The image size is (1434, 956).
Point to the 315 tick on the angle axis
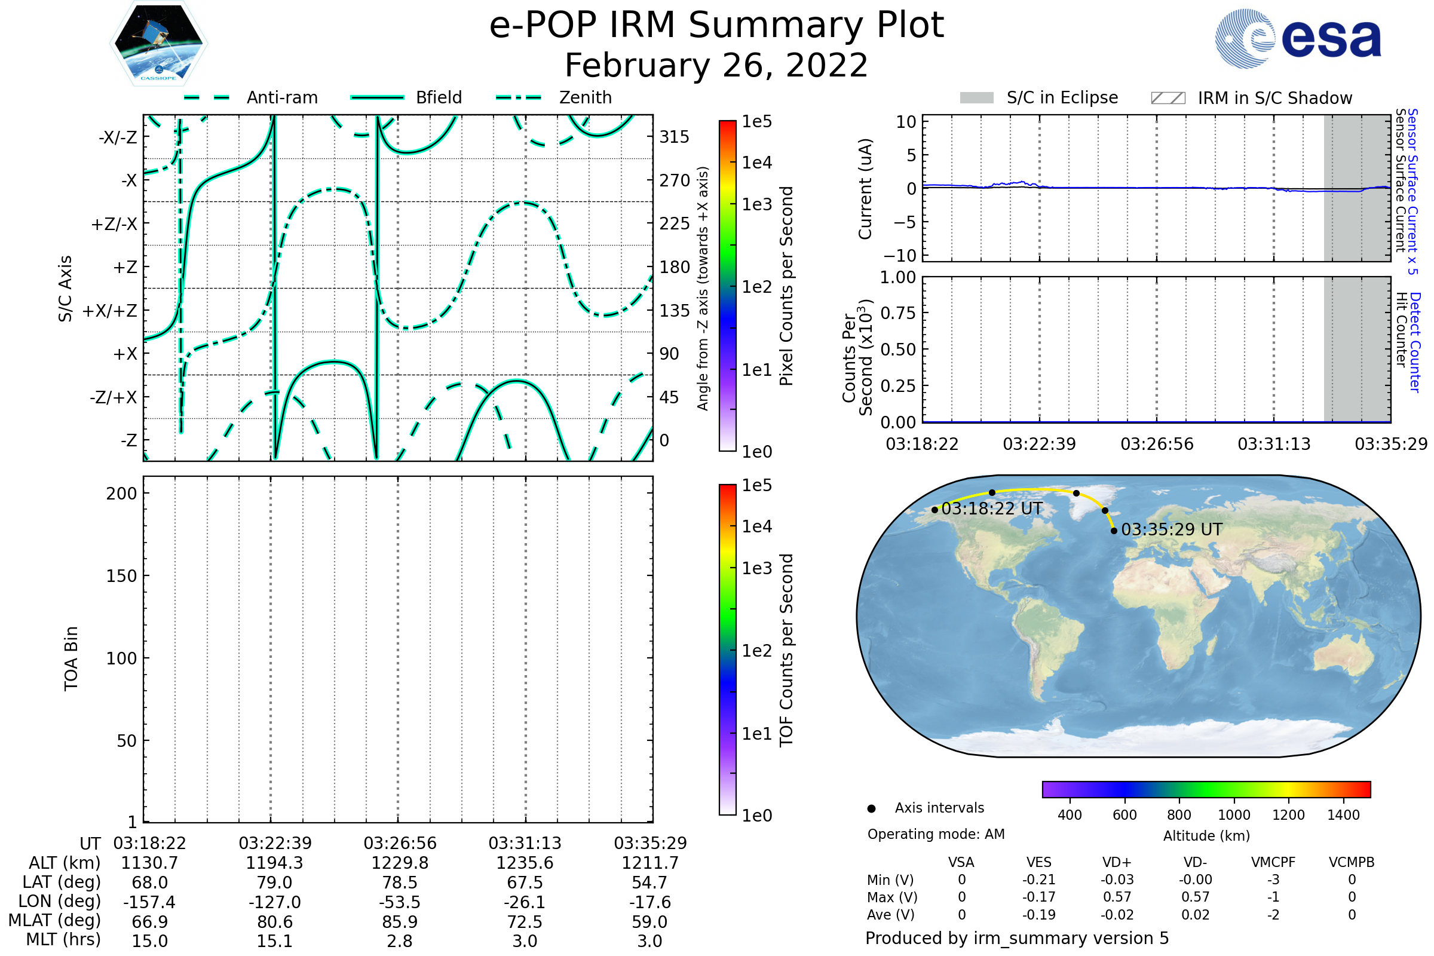(x=674, y=137)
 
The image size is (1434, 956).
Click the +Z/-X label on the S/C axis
(x=114, y=225)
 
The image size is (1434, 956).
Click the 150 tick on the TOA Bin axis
(x=121, y=576)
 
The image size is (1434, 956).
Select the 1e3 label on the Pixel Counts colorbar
(x=756, y=204)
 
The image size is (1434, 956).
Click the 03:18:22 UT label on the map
(x=992, y=508)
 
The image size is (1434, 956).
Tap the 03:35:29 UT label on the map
(x=1172, y=530)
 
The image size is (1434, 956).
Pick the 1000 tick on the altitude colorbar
(x=1233, y=815)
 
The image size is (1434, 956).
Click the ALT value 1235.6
(x=525, y=863)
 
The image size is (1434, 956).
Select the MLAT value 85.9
(x=399, y=921)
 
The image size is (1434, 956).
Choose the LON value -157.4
(x=149, y=902)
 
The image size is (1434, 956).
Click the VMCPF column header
(x=1273, y=862)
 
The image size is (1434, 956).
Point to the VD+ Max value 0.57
(x=1117, y=897)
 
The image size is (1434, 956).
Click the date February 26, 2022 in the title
(x=716, y=65)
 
